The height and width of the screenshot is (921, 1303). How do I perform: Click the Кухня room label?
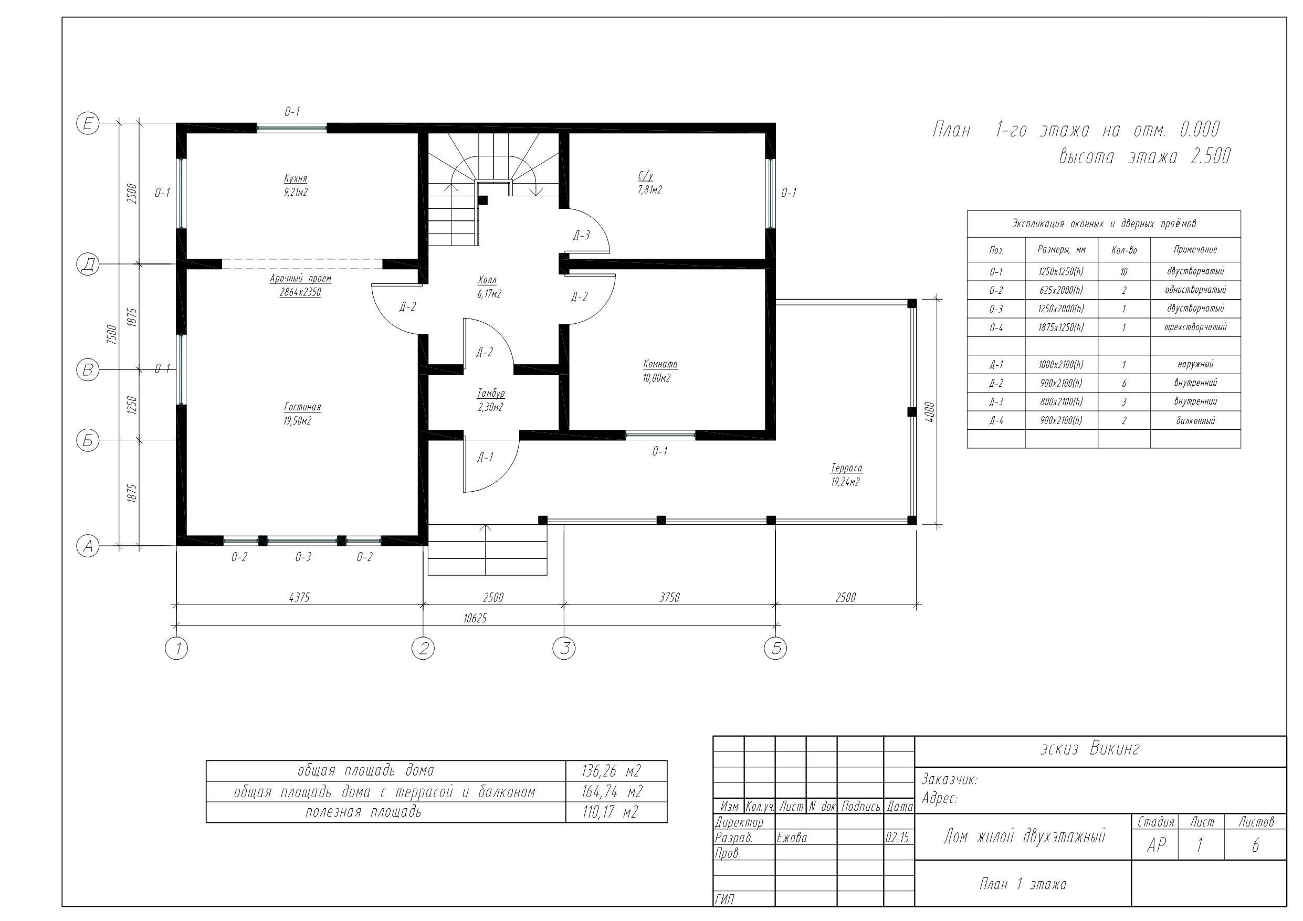296,179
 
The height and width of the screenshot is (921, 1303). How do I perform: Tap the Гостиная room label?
302,407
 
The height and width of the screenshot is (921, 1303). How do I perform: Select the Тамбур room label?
491,393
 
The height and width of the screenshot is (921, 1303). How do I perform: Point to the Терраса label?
846,468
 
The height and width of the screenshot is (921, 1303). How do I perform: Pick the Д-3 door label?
582,236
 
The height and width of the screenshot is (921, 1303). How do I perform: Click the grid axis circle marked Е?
88,123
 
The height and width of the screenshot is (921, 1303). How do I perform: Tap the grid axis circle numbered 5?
776,648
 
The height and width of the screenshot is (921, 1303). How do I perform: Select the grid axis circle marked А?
88,546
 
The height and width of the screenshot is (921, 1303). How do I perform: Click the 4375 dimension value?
300,598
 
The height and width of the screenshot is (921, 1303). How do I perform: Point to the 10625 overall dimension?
475,619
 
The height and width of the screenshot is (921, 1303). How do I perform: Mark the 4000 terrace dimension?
929,412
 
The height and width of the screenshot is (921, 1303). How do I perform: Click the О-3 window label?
303,557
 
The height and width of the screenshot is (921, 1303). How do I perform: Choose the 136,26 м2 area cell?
611,770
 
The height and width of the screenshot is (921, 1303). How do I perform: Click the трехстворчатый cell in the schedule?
1195,327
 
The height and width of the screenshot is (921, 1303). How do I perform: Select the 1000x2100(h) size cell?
1060,364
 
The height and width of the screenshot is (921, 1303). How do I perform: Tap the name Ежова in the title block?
792,838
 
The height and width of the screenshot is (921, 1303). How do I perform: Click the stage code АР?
1157,845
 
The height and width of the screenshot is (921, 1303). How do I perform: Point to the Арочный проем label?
300,279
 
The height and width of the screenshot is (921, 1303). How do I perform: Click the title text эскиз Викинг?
1090,749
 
